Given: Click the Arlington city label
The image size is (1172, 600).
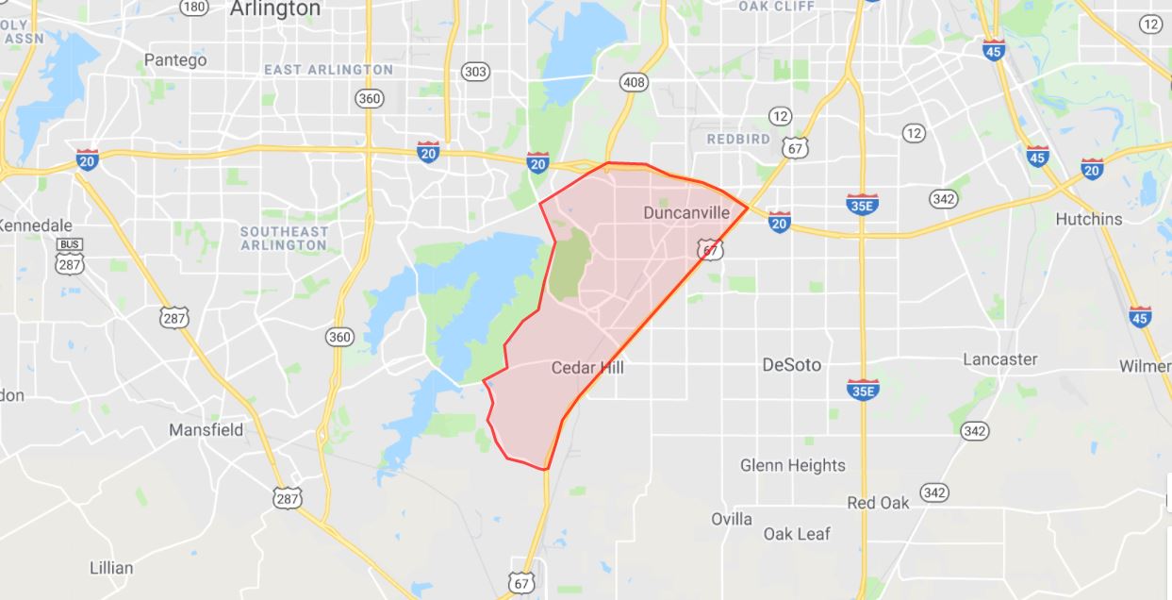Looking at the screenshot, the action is click(274, 9).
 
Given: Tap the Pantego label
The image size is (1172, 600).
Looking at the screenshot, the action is click(175, 60).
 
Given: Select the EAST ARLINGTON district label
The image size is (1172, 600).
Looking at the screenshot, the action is click(328, 70).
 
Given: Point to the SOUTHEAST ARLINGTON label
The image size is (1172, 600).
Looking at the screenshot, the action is click(284, 238).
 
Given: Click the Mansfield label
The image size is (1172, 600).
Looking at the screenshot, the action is click(206, 430).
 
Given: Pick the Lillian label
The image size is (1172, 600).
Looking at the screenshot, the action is click(111, 568).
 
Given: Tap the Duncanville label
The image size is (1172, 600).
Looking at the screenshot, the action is click(686, 213).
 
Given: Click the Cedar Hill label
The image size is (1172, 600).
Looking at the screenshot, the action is click(587, 368).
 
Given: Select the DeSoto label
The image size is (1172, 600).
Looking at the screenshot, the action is click(791, 365).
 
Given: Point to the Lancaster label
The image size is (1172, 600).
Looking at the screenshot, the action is click(999, 359).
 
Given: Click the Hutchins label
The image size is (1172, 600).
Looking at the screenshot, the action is click(1089, 219).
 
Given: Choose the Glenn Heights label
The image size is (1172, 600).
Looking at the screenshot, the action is click(793, 465).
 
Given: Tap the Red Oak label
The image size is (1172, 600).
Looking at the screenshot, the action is click(878, 503).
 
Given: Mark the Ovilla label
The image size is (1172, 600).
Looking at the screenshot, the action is click(732, 519).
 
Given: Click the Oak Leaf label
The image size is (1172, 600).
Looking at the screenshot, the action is click(797, 534).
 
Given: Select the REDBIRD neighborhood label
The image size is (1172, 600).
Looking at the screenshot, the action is click(738, 139).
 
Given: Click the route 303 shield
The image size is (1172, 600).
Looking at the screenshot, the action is click(476, 72).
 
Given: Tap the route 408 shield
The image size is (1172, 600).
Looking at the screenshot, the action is click(635, 83).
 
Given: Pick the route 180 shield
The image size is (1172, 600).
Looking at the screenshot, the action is click(194, 8).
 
